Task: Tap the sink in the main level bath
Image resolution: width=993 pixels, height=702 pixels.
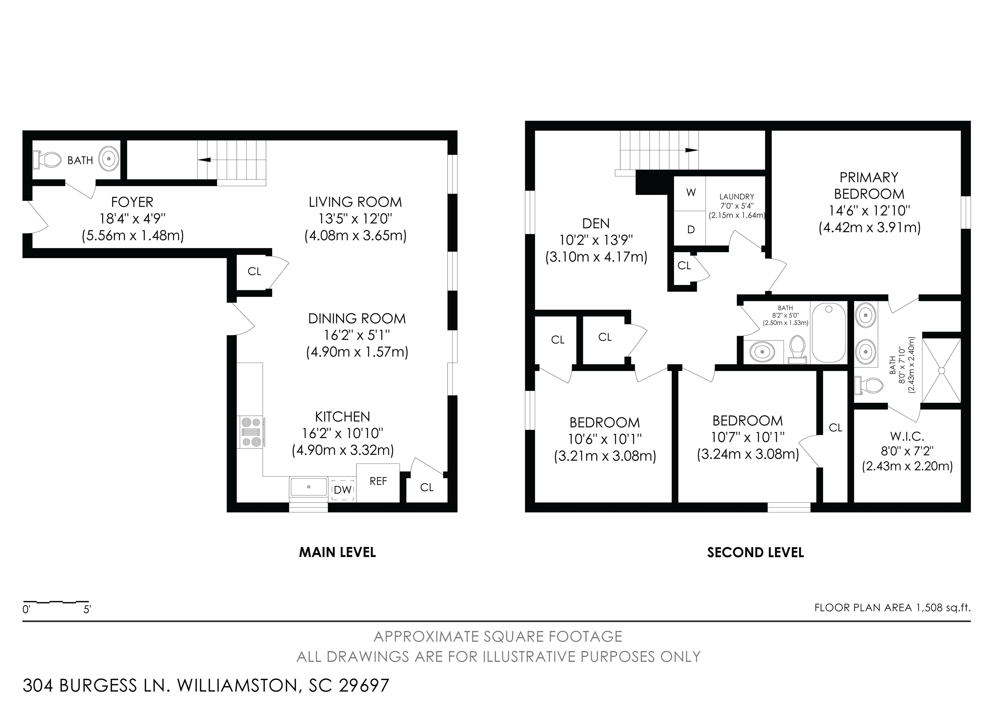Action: [x=109, y=159]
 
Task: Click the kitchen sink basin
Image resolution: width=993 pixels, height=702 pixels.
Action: [x=308, y=487]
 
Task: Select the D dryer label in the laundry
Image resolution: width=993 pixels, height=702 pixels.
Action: [x=691, y=230]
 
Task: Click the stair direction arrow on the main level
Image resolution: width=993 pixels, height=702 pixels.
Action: [x=204, y=160]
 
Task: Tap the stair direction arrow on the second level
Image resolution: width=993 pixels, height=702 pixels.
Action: [x=692, y=150]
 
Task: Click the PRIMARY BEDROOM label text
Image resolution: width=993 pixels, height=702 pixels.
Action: [x=869, y=186]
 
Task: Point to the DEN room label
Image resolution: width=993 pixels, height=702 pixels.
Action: [x=596, y=224]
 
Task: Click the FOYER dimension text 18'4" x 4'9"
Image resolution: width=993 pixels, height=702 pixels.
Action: [x=132, y=219]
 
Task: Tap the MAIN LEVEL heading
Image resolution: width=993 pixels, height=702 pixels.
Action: [x=337, y=552]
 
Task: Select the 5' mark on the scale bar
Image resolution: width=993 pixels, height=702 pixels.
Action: [x=87, y=610]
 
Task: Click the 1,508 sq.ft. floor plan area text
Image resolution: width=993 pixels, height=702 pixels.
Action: [x=943, y=608]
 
